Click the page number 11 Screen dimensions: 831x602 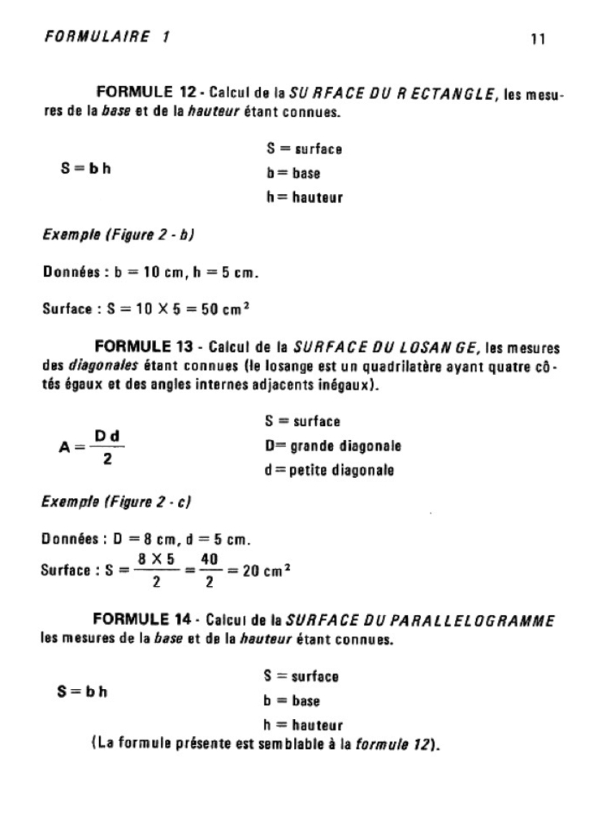coord(537,39)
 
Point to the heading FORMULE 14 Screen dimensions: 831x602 coord(143,620)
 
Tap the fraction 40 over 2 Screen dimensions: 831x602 coord(210,570)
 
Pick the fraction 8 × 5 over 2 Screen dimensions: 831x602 coord(156,570)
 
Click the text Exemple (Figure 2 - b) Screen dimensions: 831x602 coord(118,235)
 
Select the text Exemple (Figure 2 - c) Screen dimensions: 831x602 coord(115,502)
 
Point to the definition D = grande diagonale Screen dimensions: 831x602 coord(333,446)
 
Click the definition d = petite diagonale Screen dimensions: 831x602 coord(329,471)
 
